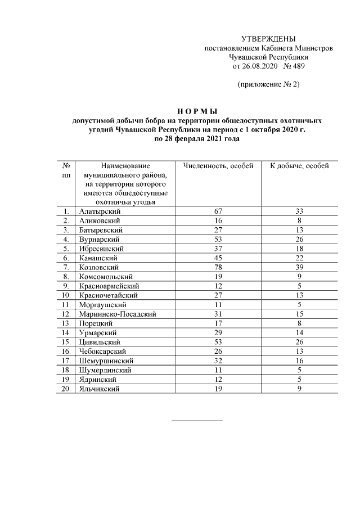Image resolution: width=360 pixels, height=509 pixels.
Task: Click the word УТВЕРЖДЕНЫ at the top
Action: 268,39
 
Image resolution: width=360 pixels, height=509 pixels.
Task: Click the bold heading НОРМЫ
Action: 196,111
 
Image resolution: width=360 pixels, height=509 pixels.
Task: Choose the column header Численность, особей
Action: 218,166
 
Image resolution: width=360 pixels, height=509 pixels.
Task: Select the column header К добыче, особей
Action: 300,166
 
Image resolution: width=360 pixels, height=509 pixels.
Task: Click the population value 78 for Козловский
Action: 218,267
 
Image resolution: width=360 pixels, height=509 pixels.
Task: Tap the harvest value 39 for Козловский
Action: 300,267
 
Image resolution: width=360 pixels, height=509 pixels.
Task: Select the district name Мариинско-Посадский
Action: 118,313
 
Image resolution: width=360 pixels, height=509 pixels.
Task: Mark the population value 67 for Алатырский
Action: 218,211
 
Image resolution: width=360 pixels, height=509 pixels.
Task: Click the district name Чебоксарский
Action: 104,351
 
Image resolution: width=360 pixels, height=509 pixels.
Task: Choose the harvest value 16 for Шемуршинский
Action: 300,361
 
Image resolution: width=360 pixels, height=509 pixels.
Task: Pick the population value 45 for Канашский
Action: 218,258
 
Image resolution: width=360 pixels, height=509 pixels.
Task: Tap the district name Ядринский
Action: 99,379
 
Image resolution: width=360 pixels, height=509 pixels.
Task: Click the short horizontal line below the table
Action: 196,420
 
